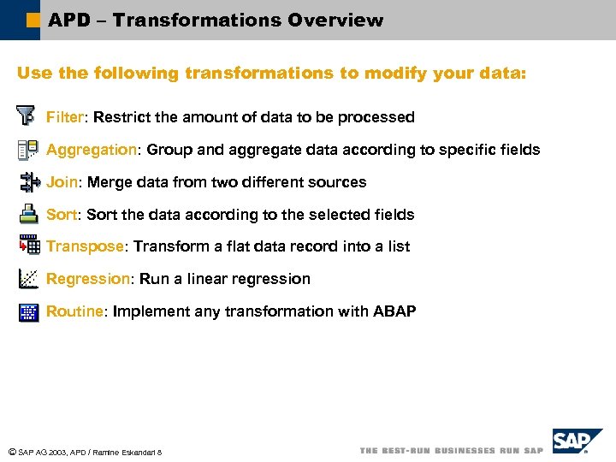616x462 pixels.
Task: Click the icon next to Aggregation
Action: click(x=27, y=150)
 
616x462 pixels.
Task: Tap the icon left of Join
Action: click(x=28, y=182)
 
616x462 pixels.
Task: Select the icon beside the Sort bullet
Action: click(x=28, y=215)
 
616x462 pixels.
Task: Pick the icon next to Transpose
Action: click(x=29, y=246)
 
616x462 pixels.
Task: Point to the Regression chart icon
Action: click(x=28, y=278)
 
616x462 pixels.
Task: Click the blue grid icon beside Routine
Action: click(x=28, y=311)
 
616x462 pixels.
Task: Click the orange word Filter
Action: click(x=64, y=117)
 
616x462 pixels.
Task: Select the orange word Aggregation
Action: click(x=92, y=150)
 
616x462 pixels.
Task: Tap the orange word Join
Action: click(x=62, y=182)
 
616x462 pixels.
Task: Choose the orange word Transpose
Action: click(x=85, y=246)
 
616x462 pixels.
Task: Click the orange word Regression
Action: click(x=87, y=279)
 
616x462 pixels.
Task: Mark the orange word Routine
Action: click(x=74, y=311)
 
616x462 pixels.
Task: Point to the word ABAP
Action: click(x=394, y=311)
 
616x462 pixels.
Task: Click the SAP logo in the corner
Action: click(x=575, y=442)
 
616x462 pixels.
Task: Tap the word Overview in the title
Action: click(x=331, y=20)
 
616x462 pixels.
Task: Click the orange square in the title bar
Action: click(x=33, y=19)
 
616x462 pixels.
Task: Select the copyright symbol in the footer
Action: click(x=11, y=452)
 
